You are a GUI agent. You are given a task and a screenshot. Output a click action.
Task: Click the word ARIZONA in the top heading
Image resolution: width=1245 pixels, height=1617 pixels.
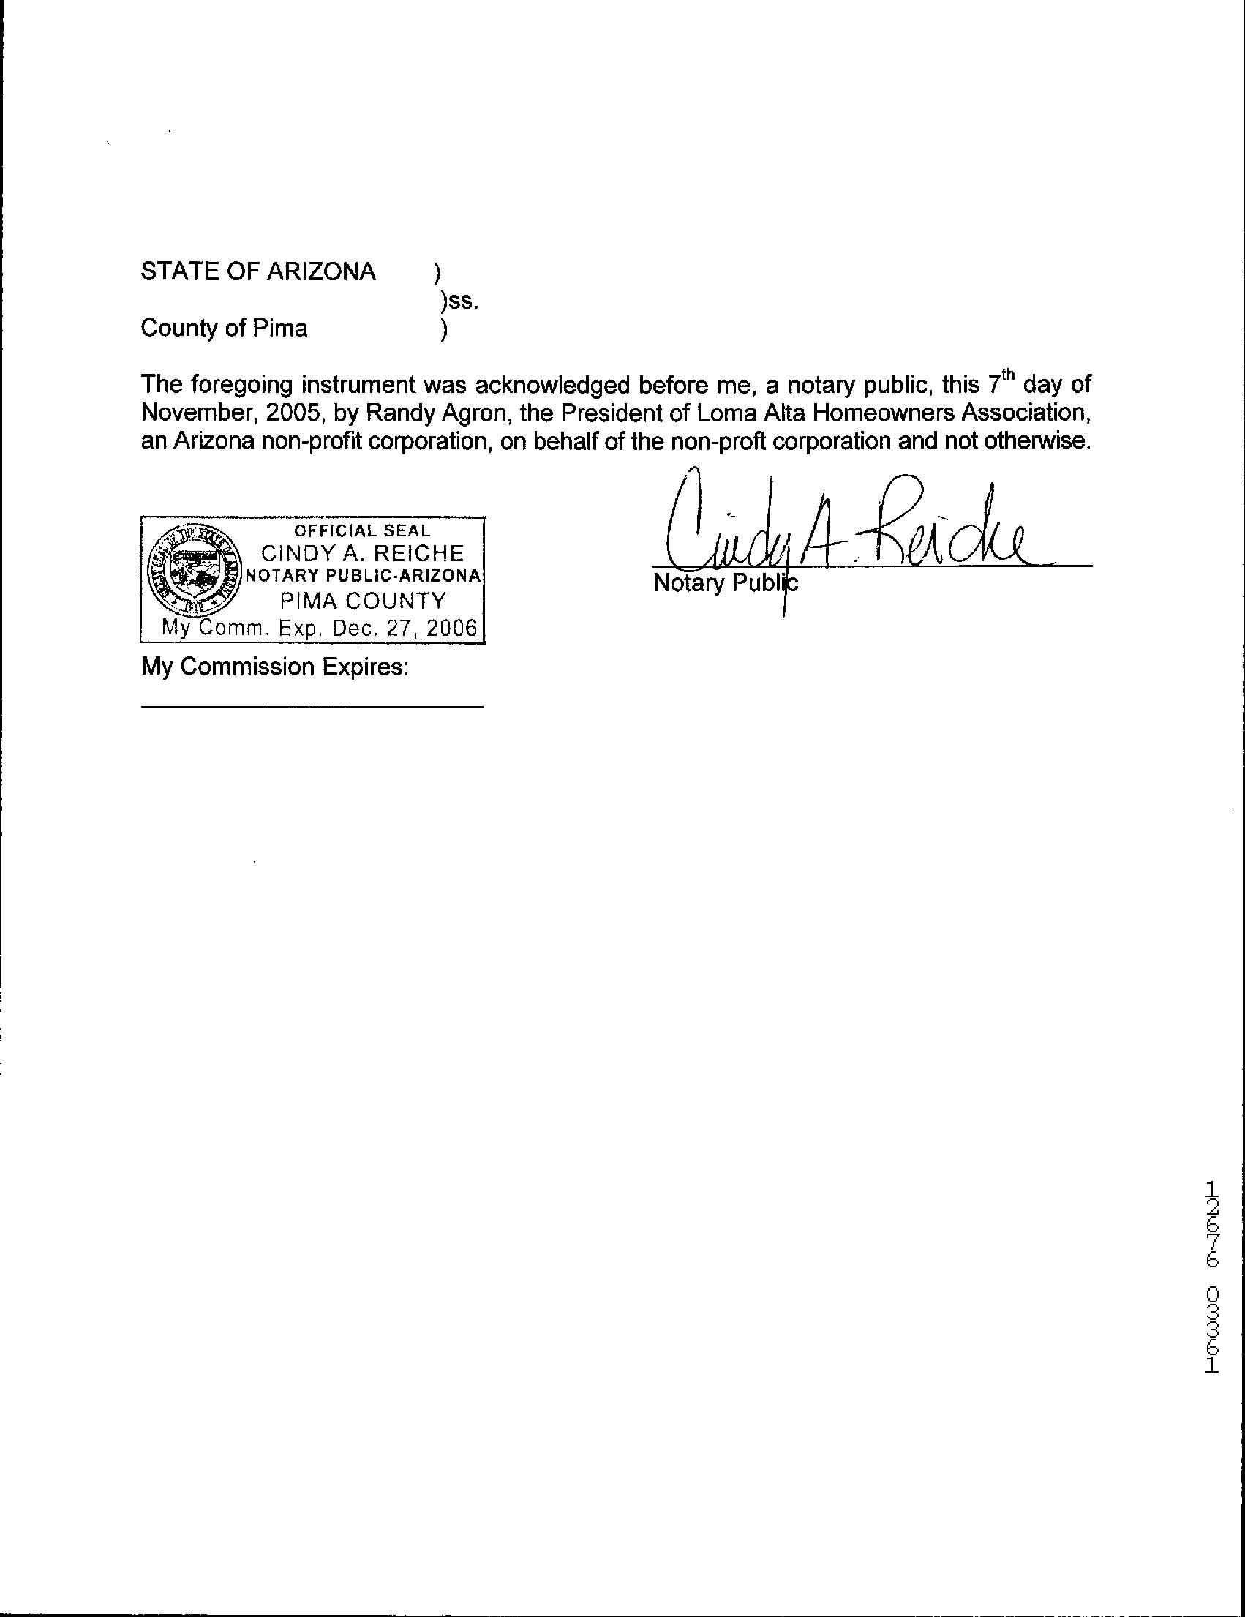[x=320, y=272]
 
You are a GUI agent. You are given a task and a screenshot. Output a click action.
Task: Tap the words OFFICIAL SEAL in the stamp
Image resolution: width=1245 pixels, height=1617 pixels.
[x=362, y=531]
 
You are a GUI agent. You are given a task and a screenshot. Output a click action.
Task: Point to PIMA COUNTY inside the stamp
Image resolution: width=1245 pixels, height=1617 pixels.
[x=364, y=600]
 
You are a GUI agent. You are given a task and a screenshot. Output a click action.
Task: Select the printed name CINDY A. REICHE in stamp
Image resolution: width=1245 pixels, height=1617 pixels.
[x=363, y=553]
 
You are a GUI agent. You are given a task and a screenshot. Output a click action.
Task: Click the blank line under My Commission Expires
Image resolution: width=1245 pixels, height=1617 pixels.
[x=312, y=707]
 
